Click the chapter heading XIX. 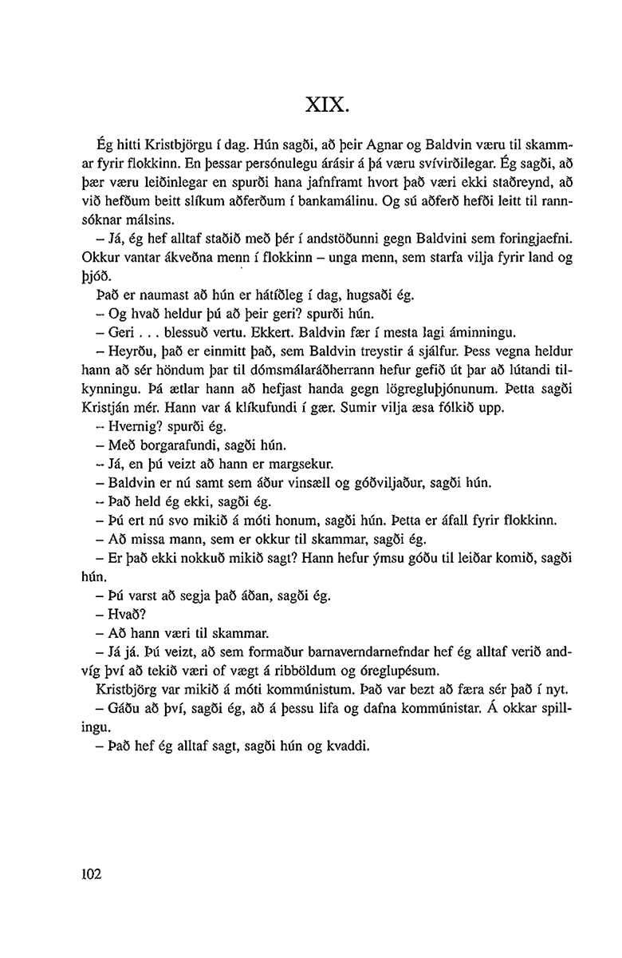tap(326, 105)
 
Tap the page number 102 tap(93, 874)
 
